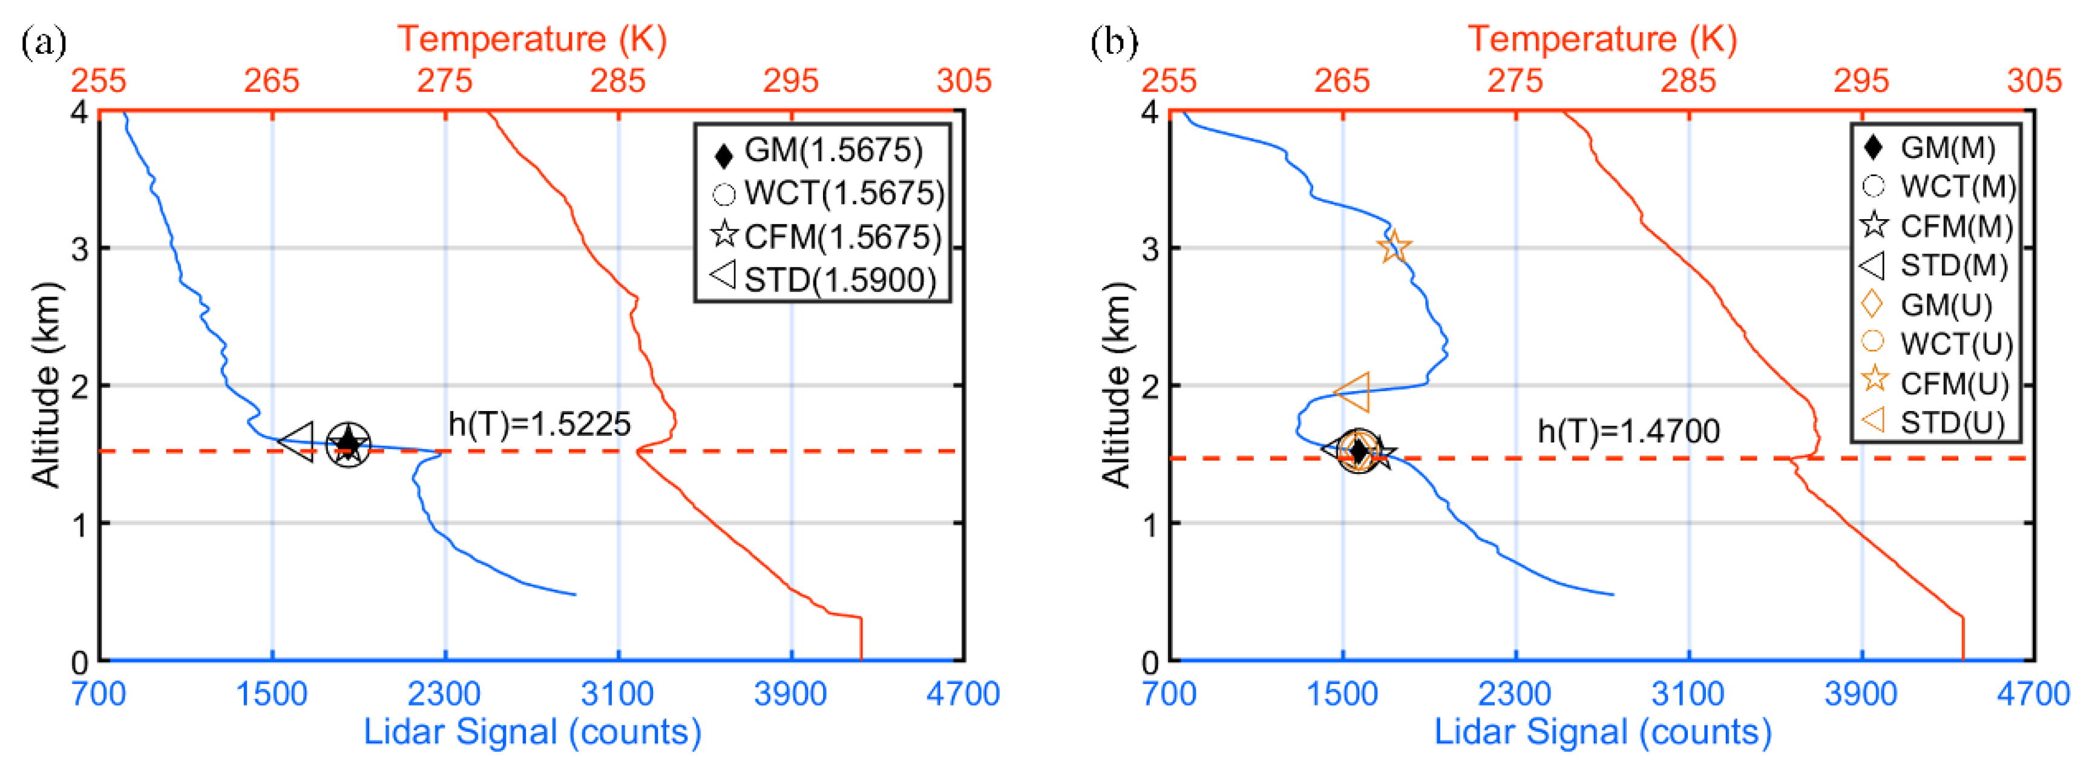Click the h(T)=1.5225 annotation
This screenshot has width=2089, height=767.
tap(539, 424)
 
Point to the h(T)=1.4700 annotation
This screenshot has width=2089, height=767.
tap(1628, 431)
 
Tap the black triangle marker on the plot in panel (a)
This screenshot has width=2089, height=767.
tap(298, 443)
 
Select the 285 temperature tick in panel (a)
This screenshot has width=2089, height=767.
tap(618, 81)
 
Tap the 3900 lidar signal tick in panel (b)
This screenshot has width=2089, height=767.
tap(1861, 694)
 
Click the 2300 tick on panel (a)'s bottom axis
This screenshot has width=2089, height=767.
tap(444, 694)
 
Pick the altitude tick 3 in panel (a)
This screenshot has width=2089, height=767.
tap(79, 248)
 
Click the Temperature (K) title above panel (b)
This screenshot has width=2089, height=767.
tap(1602, 39)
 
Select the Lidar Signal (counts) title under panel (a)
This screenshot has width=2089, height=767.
tap(532, 732)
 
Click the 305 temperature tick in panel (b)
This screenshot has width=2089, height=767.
tap(2034, 81)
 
